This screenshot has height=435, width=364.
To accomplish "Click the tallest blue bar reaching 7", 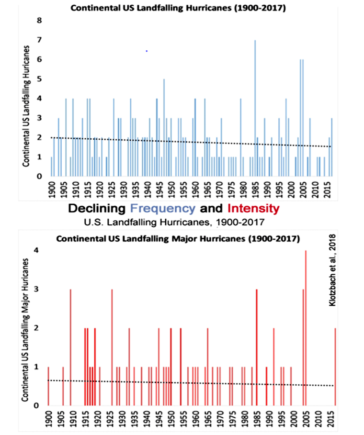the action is [255, 108].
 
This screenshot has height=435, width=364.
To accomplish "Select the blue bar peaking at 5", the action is [164, 128].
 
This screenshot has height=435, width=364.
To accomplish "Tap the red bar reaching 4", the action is [306, 328].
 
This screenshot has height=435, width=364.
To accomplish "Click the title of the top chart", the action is [178, 8].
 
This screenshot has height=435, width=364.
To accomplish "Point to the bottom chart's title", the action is [178, 239].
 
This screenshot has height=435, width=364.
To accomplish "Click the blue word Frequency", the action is [163, 208].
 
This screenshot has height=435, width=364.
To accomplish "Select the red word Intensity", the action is [253, 209].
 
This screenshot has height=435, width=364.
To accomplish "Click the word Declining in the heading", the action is [97, 209].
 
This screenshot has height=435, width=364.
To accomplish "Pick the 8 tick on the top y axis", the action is [39, 21].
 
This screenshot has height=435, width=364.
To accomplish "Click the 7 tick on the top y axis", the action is [39, 40].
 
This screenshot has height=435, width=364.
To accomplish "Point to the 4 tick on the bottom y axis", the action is [36, 250].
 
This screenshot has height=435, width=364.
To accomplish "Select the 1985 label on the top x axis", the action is [256, 190].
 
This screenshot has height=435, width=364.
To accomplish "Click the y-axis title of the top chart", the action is [26, 106].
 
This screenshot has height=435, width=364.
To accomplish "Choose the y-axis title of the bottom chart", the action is [25, 330].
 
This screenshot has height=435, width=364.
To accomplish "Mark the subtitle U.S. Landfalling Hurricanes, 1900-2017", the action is [174, 222].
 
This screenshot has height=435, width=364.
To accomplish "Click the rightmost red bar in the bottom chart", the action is [335, 367].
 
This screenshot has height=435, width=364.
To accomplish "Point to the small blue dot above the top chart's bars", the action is [147, 51].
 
